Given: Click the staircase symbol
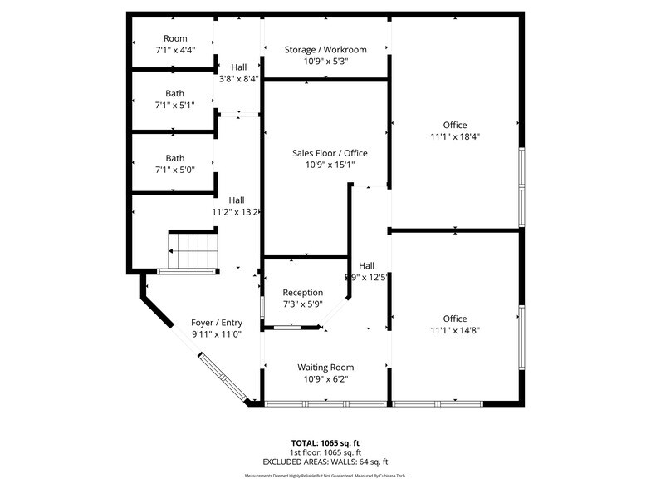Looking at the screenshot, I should click(192, 249).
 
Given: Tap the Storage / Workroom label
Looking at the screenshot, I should click(325, 50).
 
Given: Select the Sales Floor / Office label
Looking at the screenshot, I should click(330, 153).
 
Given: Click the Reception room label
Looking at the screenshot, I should click(303, 293).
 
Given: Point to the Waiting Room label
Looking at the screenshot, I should click(325, 367).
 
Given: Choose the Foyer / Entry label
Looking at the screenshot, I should click(217, 323).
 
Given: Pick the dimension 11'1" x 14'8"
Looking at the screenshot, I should click(454, 330).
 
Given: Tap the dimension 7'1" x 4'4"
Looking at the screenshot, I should click(175, 50).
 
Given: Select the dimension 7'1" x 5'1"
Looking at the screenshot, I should click(175, 105).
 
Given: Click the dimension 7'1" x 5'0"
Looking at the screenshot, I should click(175, 170).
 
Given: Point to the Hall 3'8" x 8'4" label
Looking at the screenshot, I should click(238, 73).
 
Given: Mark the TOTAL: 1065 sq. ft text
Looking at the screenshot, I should click(325, 442).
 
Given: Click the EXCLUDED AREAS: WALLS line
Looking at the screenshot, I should click(325, 462).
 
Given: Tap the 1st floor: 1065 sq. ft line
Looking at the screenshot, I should click(325, 452).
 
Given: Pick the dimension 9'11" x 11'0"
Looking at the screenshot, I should click(217, 334).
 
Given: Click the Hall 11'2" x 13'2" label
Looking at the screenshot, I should click(237, 206).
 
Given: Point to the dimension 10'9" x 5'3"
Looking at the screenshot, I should click(325, 61).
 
